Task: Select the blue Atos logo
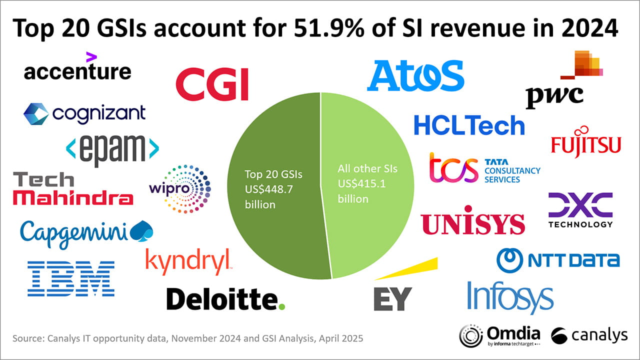point(415,75)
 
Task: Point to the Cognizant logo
point(84,114)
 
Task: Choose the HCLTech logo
point(469,125)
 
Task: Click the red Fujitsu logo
point(585,144)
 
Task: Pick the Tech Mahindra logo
point(72,189)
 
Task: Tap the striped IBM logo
point(71,278)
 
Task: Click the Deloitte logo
point(225,299)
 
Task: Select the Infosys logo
point(510,296)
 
